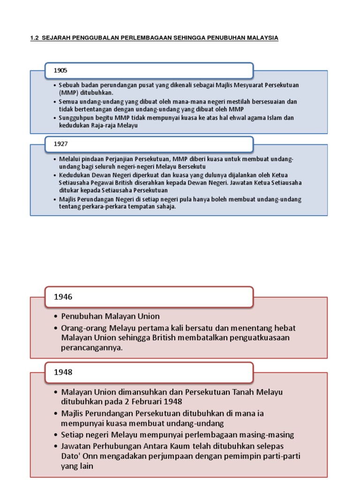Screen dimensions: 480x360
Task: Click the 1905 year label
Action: tap(60, 70)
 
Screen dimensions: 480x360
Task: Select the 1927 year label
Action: tap(60, 144)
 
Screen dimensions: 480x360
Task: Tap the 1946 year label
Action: tap(63, 296)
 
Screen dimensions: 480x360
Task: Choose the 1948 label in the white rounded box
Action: tap(63, 372)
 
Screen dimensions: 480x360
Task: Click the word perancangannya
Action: tap(91, 347)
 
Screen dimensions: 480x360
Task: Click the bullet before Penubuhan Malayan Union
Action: tap(56, 316)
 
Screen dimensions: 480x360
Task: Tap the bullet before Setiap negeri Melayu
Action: tap(56, 435)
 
